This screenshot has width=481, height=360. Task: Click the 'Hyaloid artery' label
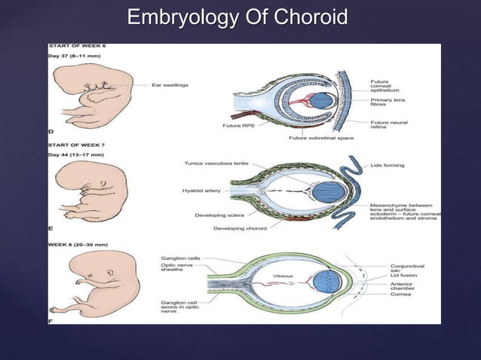point(201,191)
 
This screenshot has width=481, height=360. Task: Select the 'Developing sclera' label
point(219,215)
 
